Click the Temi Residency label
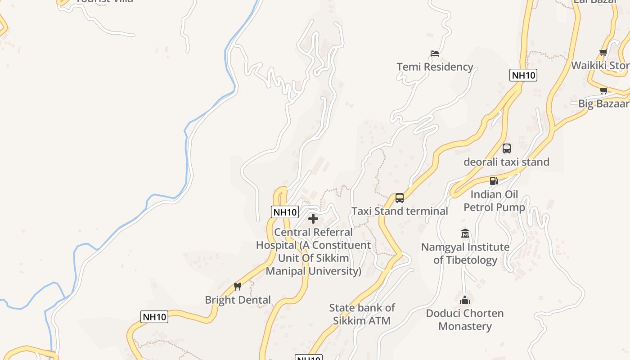tap(435, 67)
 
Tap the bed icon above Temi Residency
tap(435, 53)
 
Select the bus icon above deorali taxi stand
tap(507, 148)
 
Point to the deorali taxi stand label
tap(507, 162)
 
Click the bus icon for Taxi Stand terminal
tap(400, 198)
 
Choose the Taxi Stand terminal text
tap(400, 211)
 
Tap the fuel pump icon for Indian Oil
tap(494, 181)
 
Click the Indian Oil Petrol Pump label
tap(494, 201)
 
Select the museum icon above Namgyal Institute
tap(465, 234)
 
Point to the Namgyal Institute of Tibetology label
tap(465, 253)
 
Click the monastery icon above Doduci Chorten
tap(465, 300)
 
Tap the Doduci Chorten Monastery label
tap(465, 319)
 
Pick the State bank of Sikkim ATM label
tap(362, 314)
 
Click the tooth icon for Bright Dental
tap(238, 286)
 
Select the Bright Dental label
tap(238, 300)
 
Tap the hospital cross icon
tap(313, 219)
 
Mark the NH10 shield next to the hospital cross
tap(285, 212)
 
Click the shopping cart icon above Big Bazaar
tap(603, 90)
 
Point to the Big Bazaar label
tap(603, 104)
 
